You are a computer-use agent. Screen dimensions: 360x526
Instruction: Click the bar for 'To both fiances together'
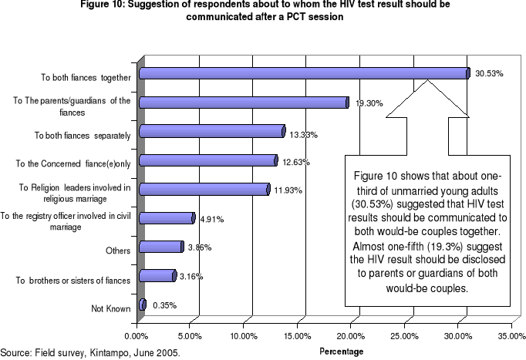304,73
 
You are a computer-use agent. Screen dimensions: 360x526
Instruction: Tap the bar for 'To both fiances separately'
213,131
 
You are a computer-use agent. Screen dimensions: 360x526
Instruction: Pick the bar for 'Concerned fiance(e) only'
208,160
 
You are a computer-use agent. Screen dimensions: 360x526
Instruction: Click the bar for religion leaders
204,189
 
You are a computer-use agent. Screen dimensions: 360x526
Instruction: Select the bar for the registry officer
167,218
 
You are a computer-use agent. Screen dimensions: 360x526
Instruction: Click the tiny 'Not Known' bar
143,304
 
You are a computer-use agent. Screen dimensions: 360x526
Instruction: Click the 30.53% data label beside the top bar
489,74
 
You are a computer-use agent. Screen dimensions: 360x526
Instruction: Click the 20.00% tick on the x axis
350,335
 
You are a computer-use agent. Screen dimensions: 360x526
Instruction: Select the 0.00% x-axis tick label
137,335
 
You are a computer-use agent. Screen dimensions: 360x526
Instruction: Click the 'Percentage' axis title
341,351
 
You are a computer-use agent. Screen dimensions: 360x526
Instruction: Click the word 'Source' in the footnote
15,352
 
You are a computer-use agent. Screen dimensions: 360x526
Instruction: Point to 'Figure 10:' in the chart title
123,5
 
